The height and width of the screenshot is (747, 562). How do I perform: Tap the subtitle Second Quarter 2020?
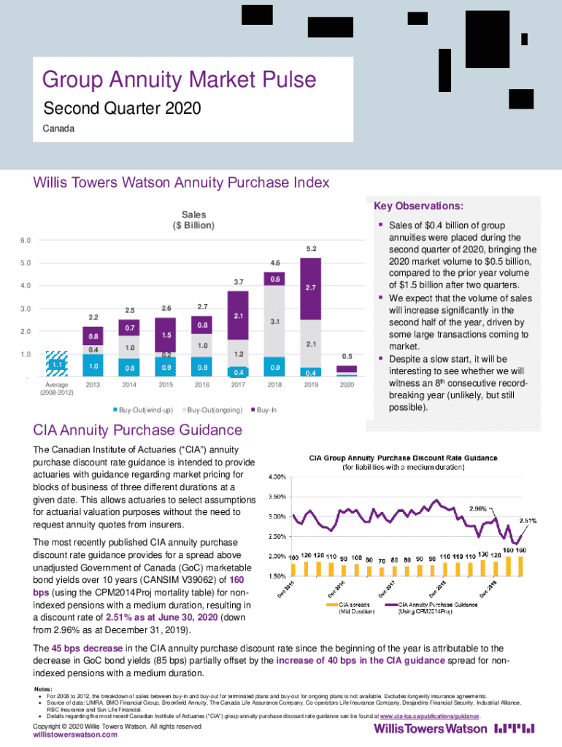[x=122, y=109]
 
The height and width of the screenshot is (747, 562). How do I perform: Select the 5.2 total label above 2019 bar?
[x=311, y=249]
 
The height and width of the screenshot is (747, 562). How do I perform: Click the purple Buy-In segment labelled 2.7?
[x=311, y=288]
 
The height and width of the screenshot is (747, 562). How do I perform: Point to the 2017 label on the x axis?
[x=238, y=384]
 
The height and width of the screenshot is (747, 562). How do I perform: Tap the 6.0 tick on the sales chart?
[x=26, y=240]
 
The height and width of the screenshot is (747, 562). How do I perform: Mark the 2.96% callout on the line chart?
[x=478, y=508]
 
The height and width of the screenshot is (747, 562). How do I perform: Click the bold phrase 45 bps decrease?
[x=91, y=648]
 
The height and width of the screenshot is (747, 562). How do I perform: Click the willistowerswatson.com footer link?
[x=76, y=735]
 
